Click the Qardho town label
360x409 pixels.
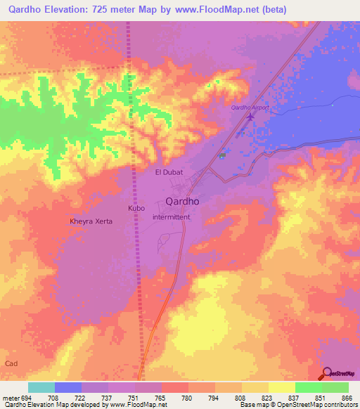tap(182, 201)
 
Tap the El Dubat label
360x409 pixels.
tap(168, 171)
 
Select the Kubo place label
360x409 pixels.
tap(136, 209)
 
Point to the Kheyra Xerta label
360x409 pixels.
tap(91, 221)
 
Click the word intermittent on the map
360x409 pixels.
tap(172, 217)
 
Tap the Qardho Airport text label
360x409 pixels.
tap(250, 108)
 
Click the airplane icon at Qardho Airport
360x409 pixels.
tap(250, 117)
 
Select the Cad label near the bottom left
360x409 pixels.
tap(11, 363)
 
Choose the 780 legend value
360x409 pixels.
tap(188, 397)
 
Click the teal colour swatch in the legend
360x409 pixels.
tap(41, 387)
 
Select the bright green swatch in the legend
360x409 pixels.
tap(308, 387)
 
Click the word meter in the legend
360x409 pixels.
tap(10, 397)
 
